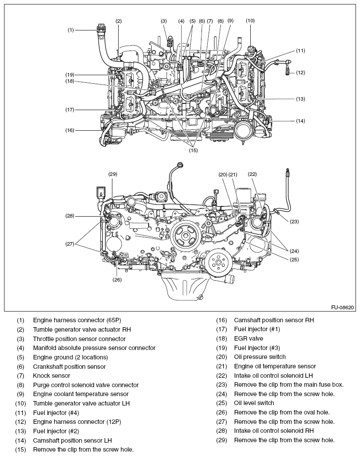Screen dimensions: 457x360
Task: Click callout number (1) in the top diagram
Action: pyautogui.click(x=70, y=30)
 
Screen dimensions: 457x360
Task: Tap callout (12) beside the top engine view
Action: pyautogui.click(x=300, y=73)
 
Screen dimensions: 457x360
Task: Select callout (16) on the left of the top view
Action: pyautogui.click(x=69, y=130)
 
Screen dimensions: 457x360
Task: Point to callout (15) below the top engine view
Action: pyautogui.click(x=193, y=150)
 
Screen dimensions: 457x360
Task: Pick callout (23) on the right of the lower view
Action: pyautogui.click(x=294, y=221)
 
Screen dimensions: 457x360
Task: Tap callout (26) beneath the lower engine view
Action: pyautogui.click(x=117, y=280)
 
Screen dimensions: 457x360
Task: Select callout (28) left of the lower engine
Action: pyautogui.click(x=69, y=216)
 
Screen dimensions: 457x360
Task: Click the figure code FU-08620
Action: pyautogui.click(x=343, y=308)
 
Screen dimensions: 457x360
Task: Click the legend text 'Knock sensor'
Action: pyautogui.click(x=51, y=376)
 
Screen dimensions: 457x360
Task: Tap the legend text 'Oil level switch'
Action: pyautogui.click(x=254, y=403)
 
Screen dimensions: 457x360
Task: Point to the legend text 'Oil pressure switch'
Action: pyautogui.click(x=260, y=357)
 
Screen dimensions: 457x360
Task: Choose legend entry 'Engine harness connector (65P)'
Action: pyautogui.click(x=77, y=320)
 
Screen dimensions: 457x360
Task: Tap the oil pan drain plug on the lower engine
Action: pyautogui.click(x=201, y=297)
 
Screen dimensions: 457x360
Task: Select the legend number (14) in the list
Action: pyautogui.click(x=21, y=440)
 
